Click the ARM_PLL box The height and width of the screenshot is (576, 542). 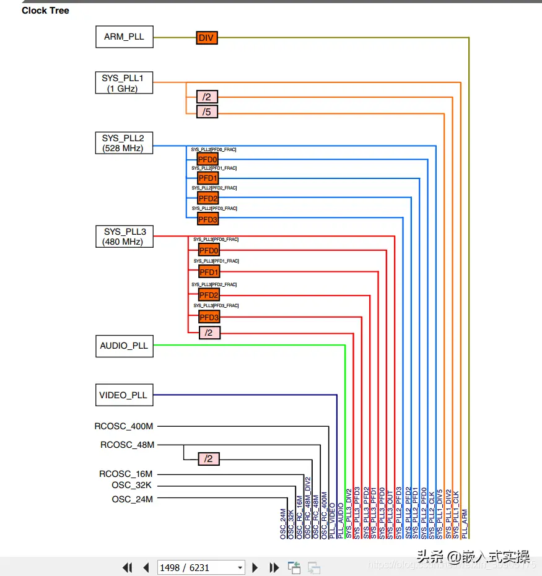click(124, 37)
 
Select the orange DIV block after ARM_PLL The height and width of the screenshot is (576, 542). click(207, 38)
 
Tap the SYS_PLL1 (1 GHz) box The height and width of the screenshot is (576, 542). click(124, 83)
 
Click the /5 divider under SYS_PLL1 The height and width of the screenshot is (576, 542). click(207, 112)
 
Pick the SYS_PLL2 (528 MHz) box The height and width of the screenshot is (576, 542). click(124, 143)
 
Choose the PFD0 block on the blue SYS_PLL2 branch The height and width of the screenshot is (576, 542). click(208, 160)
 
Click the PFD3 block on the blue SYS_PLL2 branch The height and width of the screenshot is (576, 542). click(208, 219)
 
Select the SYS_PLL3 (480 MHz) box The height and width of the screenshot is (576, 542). click(124, 237)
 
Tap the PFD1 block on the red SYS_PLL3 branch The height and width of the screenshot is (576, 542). click(209, 272)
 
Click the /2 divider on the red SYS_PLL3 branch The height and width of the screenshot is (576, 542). click(209, 333)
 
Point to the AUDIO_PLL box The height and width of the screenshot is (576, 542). click(124, 346)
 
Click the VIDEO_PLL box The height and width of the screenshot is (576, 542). click(123, 395)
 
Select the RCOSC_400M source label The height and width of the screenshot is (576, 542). click(124, 426)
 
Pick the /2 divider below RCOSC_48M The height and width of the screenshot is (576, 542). click(209, 459)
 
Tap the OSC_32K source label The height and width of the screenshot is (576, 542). click(131, 486)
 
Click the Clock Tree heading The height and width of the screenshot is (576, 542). click(45, 11)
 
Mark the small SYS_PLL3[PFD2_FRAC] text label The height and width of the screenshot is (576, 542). click(215, 284)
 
